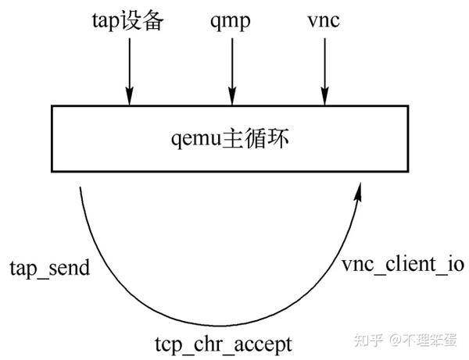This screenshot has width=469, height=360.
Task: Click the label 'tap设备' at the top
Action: coord(128,21)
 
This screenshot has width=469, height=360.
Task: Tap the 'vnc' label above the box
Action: coord(324,21)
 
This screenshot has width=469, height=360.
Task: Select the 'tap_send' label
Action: coord(49,269)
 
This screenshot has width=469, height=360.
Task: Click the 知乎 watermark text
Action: coord(370,340)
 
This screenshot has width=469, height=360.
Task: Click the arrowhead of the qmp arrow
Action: coord(231,98)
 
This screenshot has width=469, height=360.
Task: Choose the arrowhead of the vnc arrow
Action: coord(324,98)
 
